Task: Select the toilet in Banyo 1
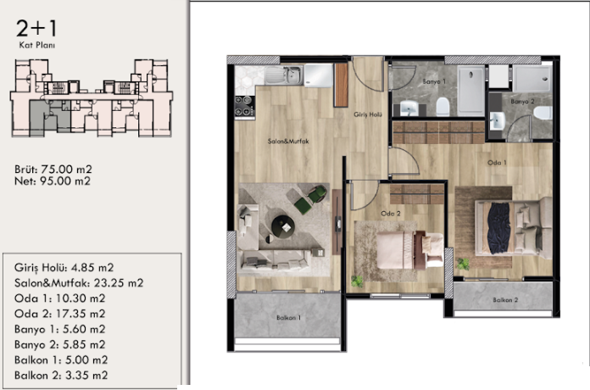coord(442,107)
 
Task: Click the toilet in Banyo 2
coord(543,112)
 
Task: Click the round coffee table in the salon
coord(282,225)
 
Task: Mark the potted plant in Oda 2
coord(358,280)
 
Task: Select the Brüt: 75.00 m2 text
coord(53,167)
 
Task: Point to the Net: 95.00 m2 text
coord(53,180)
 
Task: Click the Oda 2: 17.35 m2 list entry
coord(59,313)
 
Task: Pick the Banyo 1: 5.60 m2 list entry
coord(59,328)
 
